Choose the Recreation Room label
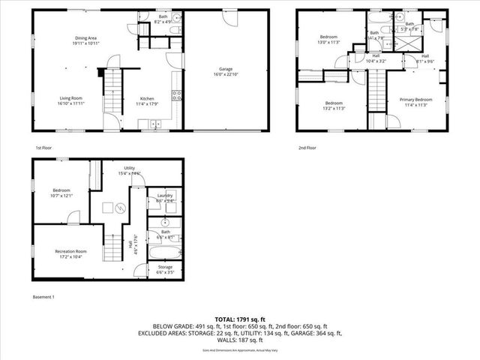70,251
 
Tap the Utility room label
130,169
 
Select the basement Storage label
165,267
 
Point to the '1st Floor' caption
44,148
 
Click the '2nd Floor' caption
307,148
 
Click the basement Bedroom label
61,190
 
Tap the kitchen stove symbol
177,94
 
